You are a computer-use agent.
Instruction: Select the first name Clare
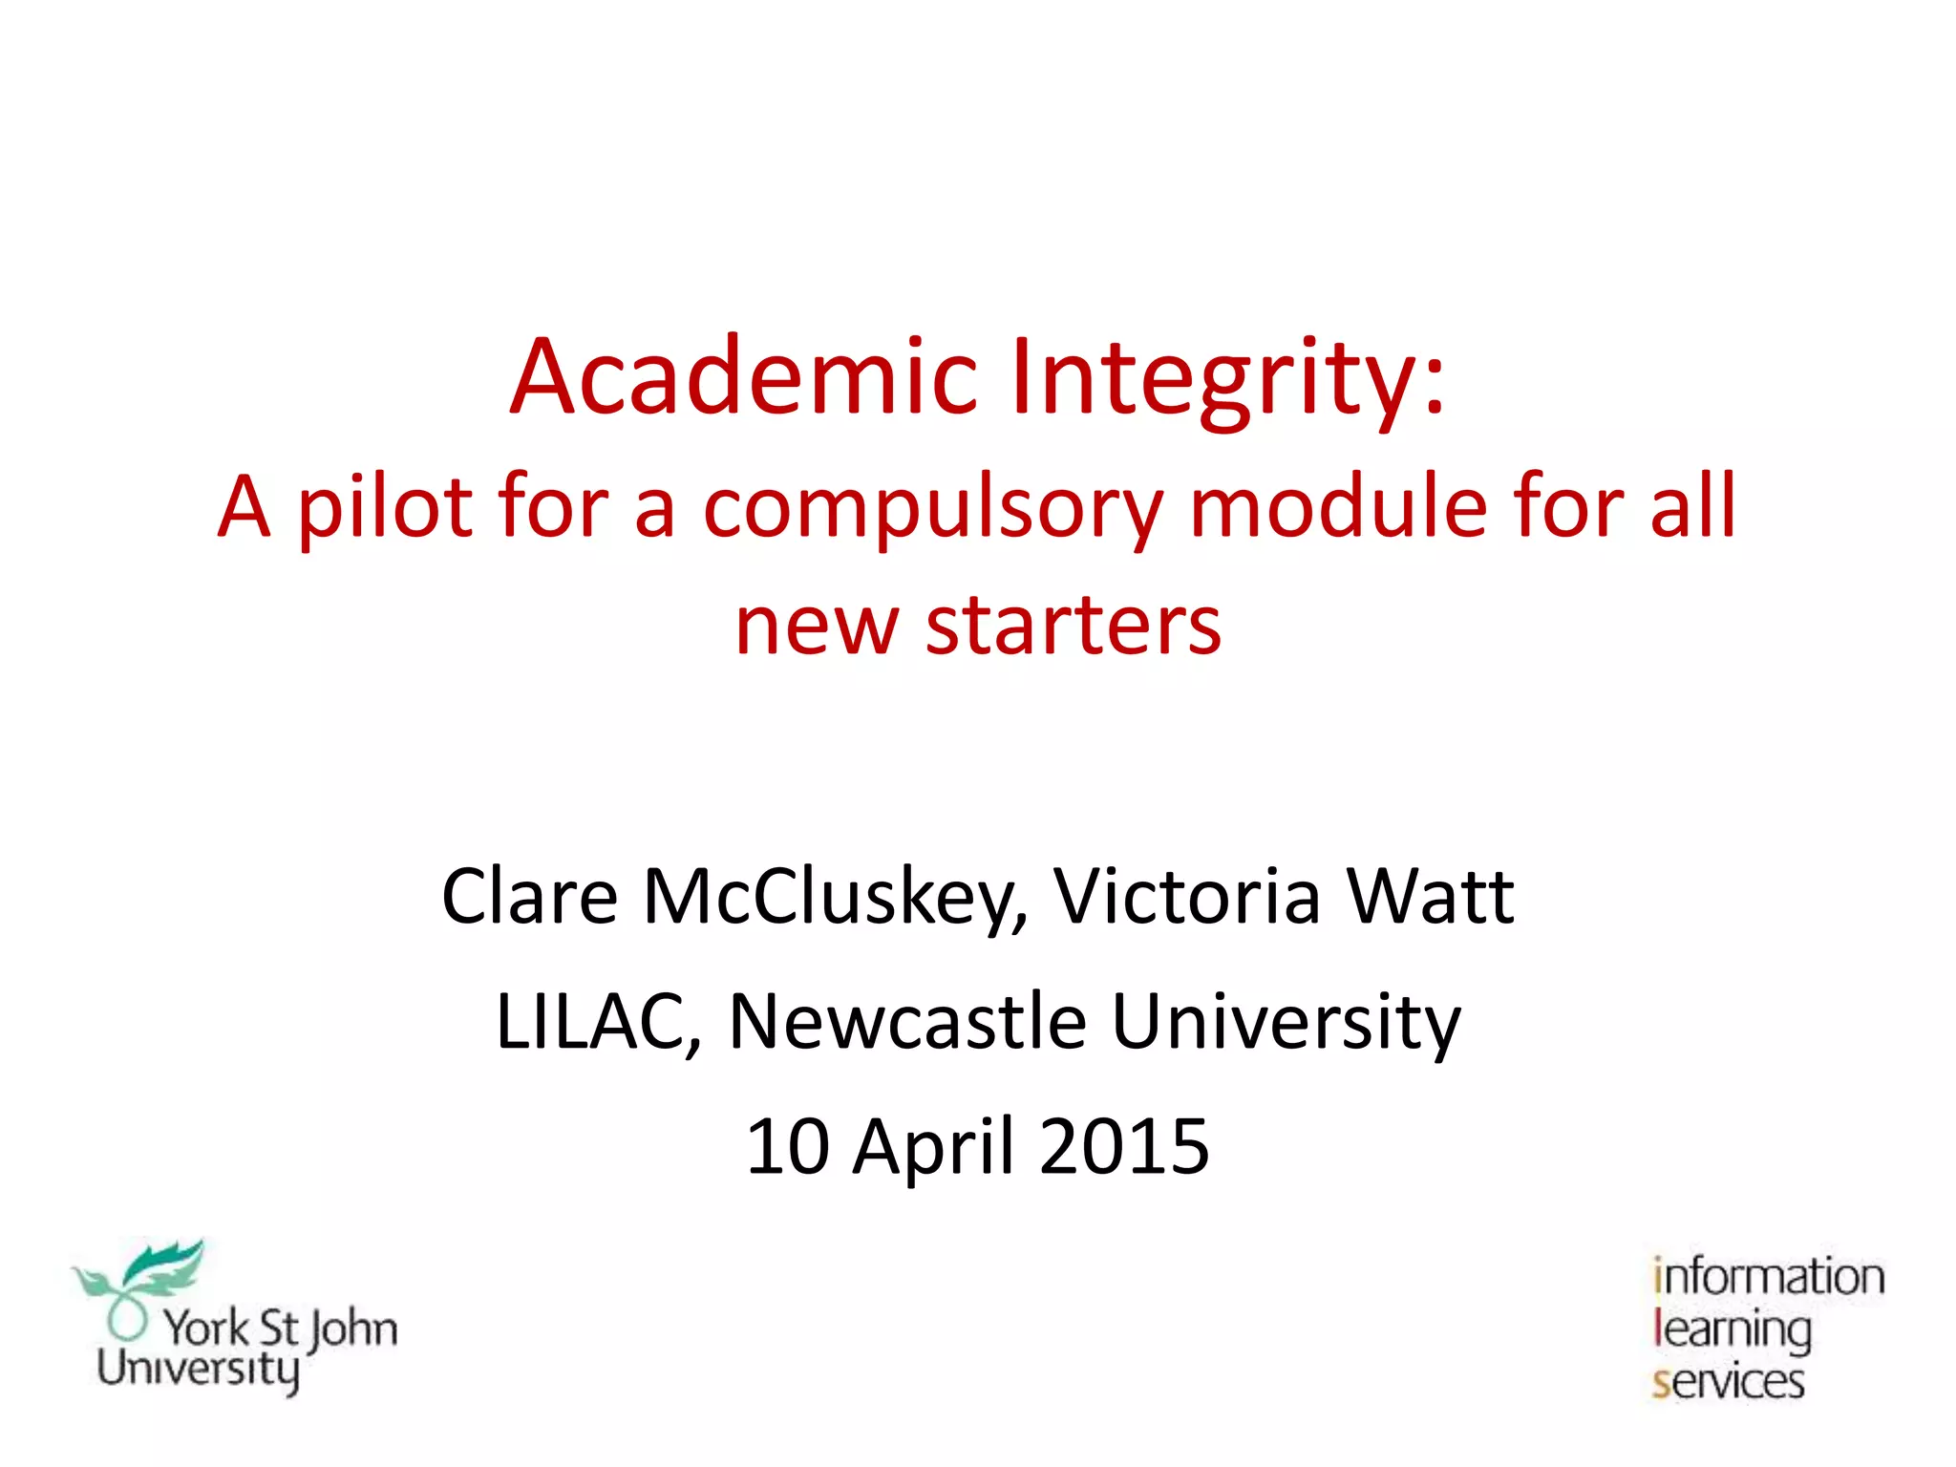point(530,898)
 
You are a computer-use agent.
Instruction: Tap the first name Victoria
point(1187,898)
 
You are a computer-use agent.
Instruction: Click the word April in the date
point(933,1146)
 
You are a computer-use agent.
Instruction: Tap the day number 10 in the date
point(787,1146)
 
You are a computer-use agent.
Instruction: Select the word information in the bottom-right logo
point(1769,1278)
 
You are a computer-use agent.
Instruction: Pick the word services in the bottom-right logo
point(1729,1382)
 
